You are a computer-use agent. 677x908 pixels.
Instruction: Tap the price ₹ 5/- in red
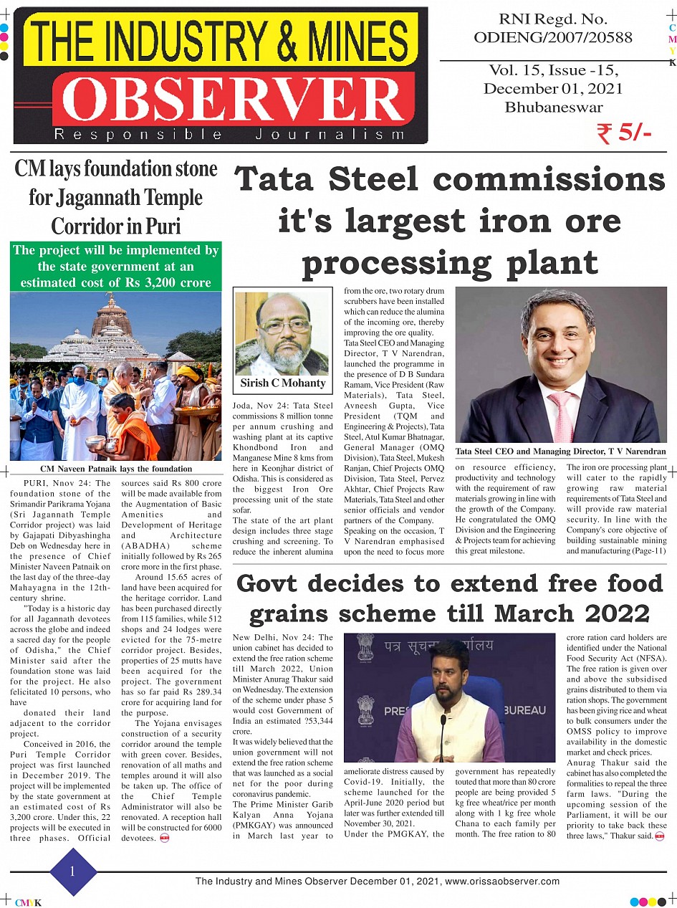(x=623, y=133)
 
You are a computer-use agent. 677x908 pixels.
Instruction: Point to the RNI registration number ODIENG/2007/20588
(x=552, y=37)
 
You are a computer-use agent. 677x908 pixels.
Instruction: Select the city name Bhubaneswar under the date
(x=553, y=107)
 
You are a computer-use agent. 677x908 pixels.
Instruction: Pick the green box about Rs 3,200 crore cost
(x=115, y=267)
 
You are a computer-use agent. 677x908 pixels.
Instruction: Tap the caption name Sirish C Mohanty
(x=283, y=383)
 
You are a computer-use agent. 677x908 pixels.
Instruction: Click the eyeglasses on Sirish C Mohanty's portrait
(x=285, y=326)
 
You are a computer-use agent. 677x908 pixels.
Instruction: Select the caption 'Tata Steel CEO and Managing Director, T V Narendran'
(x=560, y=451)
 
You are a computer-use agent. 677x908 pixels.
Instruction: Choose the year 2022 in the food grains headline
(x=617, y=614)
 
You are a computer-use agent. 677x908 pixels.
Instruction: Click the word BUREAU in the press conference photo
(x=525, y=710)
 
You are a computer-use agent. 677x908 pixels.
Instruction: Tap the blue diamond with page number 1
(x=72, y=871)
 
